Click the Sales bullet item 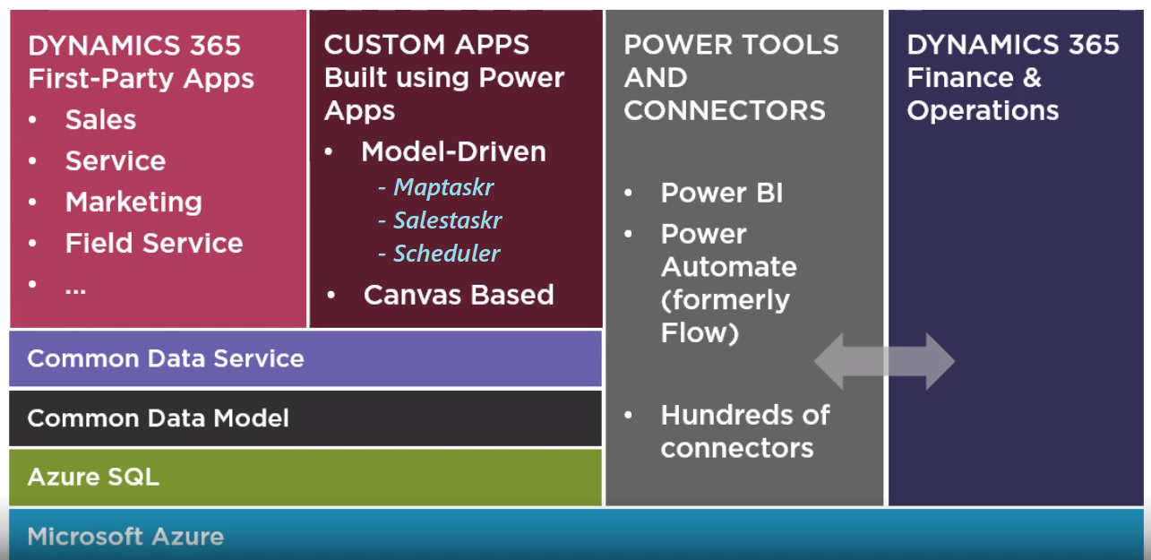pyautogui.click(x=100, y=120)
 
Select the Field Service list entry pyautogui.click(x=153, y=244)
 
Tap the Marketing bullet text pyautogui.click(x=133, y=202)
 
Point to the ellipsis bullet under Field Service pyautogui.click(x=75, y=287)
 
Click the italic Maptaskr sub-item pyautogui.click(x=443, y=187)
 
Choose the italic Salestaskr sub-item pyautogui.click(x=447, y=220)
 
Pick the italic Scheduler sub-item pyautogui.click(x=446, y=254)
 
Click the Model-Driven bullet pyautogui.click(x=453, y=152)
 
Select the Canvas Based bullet pyautogui.click(x=459, y=295)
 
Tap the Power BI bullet pyautogui.click(x=721, y=194)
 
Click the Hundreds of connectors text pyautogui.click(x=744, y=432)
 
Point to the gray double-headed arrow pyautogui.click(x=884, y=361)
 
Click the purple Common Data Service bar pyautogui.click(x=305, y=359)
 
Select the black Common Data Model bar pyautogui.click(x=305, y=418)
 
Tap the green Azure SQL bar pyautogui.click(x=305, y=478)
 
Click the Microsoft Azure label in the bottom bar pyautogui.click(x=125, y=538)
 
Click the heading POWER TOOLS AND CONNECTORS pyautogui.click(x=731, y=78)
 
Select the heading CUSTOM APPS pyautogui.click(x=426, y=45)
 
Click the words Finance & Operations pyautogui.click(x=983, y=94)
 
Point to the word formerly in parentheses pyautogui.click(x=725, y=300)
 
